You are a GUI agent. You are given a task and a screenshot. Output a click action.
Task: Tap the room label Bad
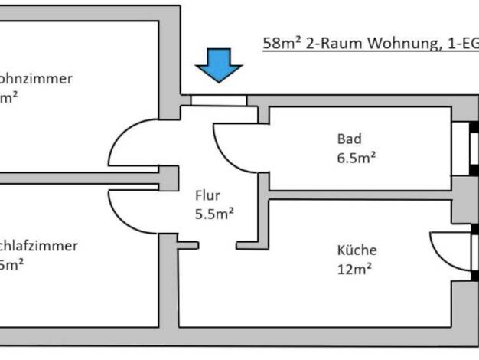(x=349, y=139)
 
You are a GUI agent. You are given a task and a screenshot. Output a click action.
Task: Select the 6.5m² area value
(x=356, y=159)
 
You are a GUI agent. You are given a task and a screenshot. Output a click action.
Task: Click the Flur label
(x=207, y=195)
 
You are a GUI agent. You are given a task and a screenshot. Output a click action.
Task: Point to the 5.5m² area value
(x=213, y=214)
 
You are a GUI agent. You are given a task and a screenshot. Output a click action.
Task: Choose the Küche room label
(x=357, y=250)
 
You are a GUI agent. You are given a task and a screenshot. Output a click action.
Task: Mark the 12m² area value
(x=354, y=269)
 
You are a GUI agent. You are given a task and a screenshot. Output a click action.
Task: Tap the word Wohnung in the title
(x=402, y=44)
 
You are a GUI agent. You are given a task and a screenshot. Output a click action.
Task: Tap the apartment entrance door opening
(x=219, y=100)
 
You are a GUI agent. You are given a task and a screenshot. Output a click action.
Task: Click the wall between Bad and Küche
(x=360, y=195)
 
